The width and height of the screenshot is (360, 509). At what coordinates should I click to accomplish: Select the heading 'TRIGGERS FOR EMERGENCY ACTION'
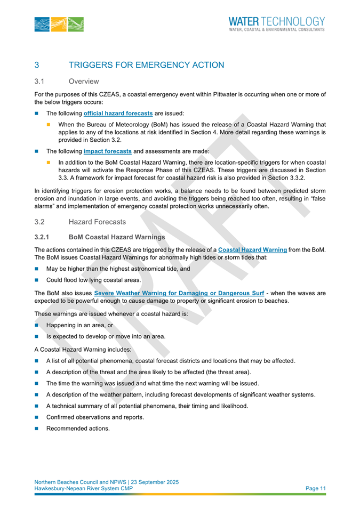[147, 65]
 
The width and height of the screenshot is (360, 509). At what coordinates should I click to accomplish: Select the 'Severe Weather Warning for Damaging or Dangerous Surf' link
[179, 293]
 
